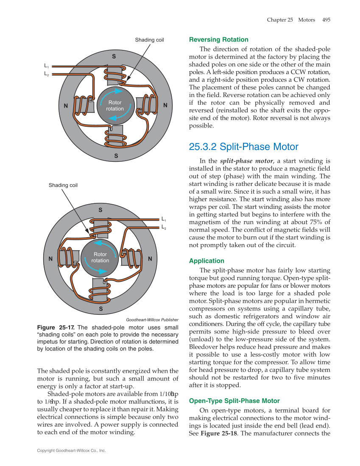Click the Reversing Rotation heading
218,40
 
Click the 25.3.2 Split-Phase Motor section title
243,147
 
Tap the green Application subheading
207,261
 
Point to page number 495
326,20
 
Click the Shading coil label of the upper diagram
149,40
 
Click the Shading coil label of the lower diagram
63,185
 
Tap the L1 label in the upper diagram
47,67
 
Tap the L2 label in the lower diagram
164,227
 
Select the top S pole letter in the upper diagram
114,56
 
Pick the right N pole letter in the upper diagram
165,105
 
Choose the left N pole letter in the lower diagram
50,259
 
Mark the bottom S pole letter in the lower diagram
100,309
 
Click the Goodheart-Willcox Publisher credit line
152,320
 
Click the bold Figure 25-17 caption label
56,327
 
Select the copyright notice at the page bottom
71,451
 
